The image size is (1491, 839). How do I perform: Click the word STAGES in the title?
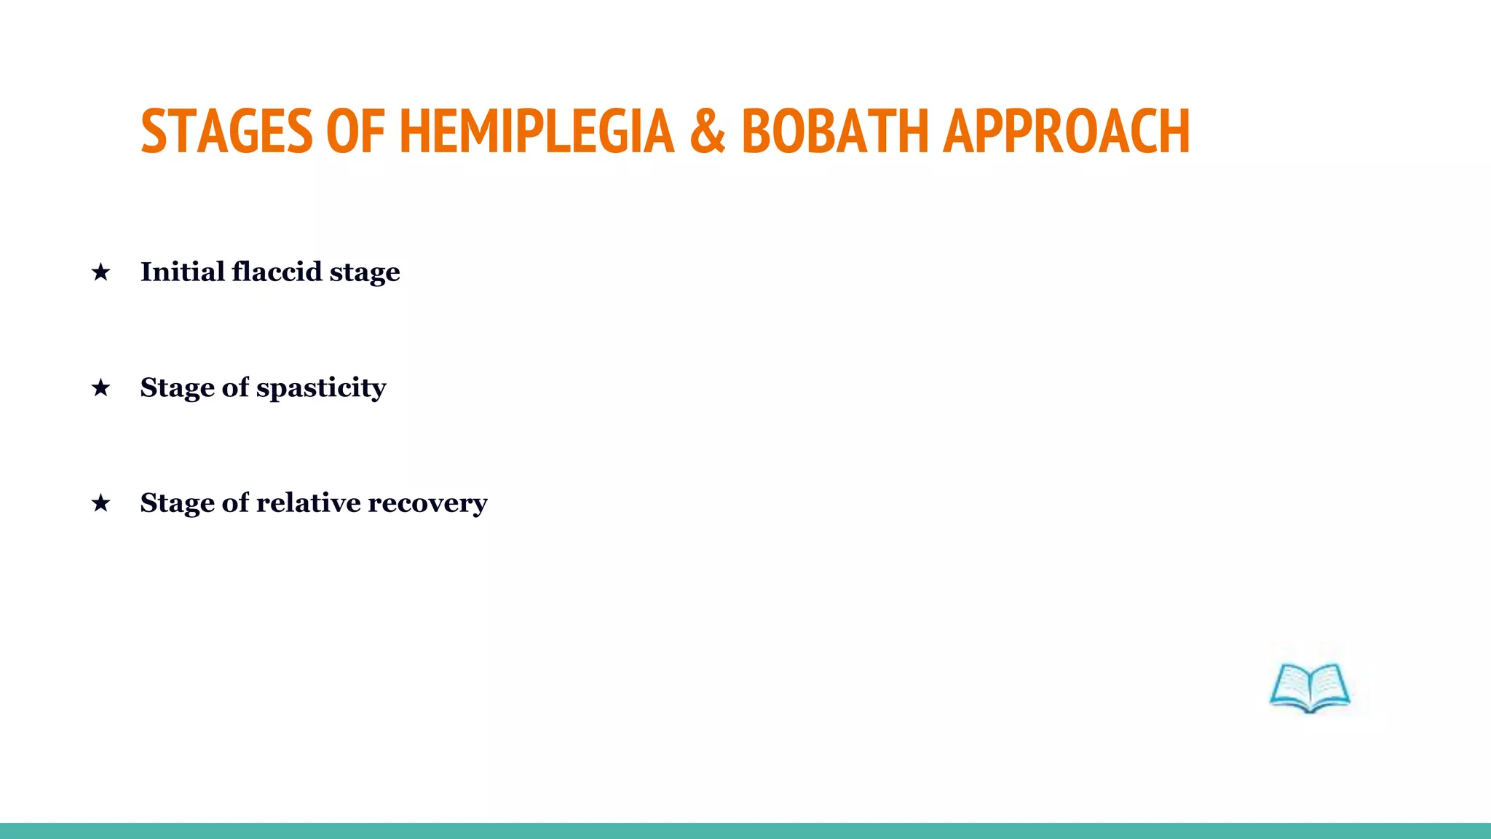(226, 131)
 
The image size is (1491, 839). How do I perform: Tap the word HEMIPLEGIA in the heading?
(537, 131)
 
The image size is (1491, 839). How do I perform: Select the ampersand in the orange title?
(708, 131)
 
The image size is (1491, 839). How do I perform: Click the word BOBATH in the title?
(835, 131)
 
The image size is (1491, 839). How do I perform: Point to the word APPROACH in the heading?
(1067, 131)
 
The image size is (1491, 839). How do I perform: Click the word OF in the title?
(355, 131)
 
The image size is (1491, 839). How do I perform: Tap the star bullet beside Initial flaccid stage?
(100, 272)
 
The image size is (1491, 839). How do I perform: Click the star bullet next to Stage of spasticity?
(100, 387)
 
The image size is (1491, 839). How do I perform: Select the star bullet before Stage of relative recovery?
(100, 503)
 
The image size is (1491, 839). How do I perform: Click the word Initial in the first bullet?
(182, 272)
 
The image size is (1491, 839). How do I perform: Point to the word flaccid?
(277, 272)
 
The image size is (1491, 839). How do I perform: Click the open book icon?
(1309, 688)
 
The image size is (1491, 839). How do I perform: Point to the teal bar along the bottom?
(745, 830)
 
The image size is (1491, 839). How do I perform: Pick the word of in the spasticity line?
(235, 387)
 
